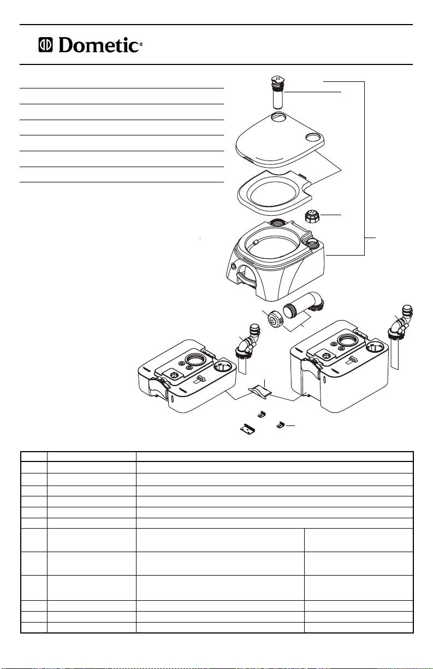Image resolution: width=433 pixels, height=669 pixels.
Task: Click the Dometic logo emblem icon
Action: [45, 45]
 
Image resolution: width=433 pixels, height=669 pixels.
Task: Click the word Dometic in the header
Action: [98, 45]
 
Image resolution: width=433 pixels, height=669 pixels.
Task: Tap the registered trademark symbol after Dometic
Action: [141, 44]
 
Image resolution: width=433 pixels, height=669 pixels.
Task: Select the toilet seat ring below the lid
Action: [275, 193]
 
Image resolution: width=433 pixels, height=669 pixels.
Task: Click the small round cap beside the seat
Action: [312, 216]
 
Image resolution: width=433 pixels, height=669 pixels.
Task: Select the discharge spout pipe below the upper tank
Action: [303, 304]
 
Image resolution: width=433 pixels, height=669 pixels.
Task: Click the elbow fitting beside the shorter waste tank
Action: [248, 341]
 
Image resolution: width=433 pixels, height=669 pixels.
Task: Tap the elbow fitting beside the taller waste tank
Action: [400, 322]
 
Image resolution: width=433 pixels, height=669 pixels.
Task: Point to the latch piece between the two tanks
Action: [260, 392]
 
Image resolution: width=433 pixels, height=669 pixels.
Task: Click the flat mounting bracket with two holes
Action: [247, 429]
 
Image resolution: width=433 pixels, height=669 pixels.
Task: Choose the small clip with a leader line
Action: [280, 425]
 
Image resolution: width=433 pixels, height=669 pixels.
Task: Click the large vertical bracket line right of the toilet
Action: [364, 168]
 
